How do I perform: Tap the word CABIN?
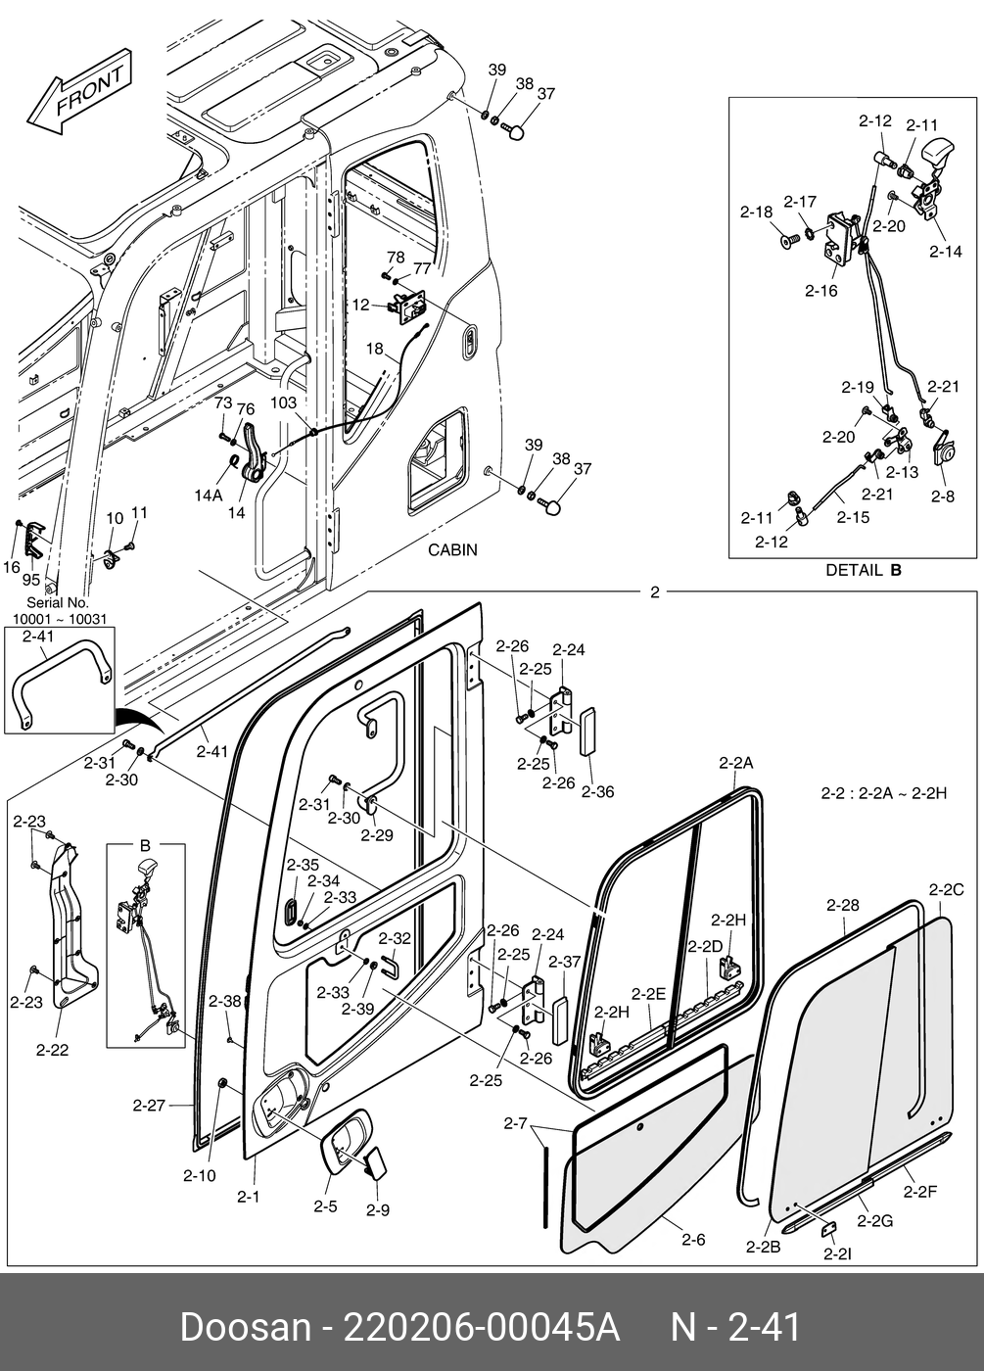(452, 549)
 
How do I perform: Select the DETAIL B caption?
(863, 570)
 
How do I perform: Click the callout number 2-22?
(52, 1050)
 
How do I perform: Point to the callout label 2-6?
(693, 1239)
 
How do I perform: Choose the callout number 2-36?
(597, 790)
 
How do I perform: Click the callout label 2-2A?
(735, 762)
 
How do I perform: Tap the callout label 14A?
(208, 496)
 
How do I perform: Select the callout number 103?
(284, 403)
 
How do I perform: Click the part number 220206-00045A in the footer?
(480, 1328)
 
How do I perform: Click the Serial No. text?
(58, 603)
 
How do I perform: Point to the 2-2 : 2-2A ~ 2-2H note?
(883, 793)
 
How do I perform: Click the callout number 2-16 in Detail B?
(820, 290)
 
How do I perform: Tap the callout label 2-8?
(942, 496)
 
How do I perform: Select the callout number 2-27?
(149, 1106)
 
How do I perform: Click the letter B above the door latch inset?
(145, 844)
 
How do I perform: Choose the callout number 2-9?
(377, 1209)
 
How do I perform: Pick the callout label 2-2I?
(837, 1253)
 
